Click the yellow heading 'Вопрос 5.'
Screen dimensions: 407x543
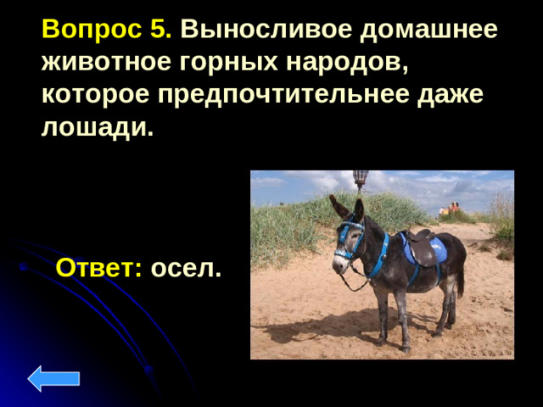pos(107,30)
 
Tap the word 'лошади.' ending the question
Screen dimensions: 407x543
pos(97,127)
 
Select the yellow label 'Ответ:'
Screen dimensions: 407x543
pos(98,269)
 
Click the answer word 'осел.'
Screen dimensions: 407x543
pos(186,269)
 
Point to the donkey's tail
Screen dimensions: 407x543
pos(462,276)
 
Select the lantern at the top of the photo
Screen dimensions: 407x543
pos(361,179)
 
